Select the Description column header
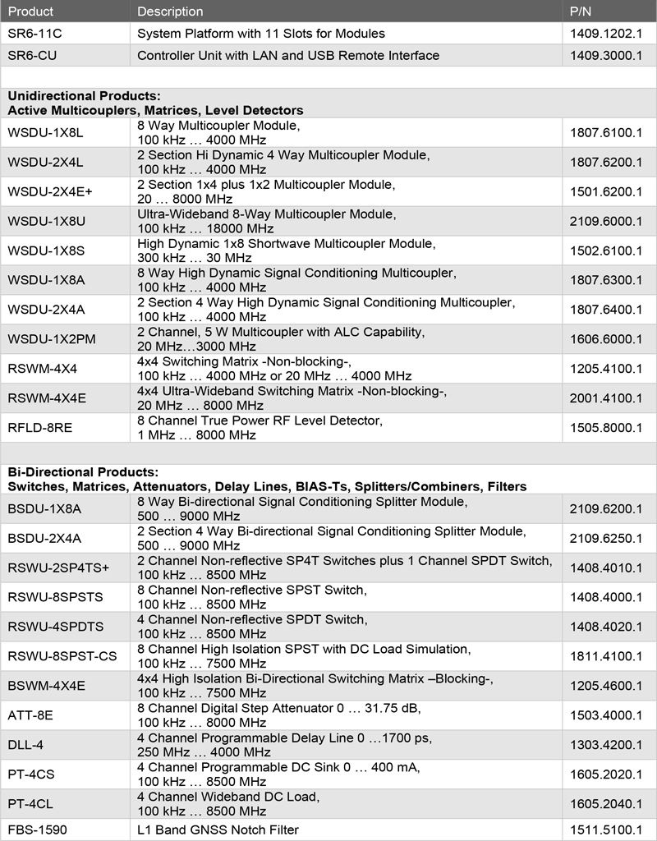point(170,11)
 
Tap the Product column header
point(30,11)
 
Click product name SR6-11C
point(34,34)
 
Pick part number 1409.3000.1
point(606,56)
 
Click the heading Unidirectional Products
point(84,96)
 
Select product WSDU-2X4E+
point(50,191)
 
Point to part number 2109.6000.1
point(606,221)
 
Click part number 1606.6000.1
point(606,339)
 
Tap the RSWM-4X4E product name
point(47,398)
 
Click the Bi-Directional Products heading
point(82,472)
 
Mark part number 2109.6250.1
point(606,538)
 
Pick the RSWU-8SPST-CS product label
point(59,656)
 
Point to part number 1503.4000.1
point(606,715)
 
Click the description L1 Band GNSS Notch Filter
point(218,830)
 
